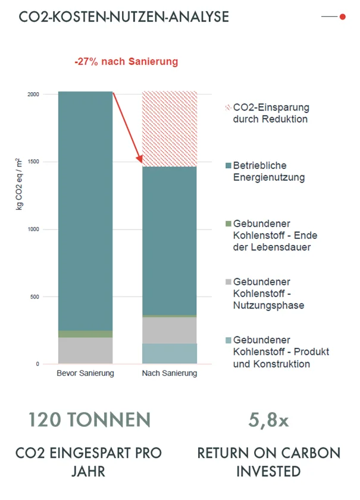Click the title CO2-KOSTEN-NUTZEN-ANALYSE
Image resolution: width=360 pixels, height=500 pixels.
pos(124,17)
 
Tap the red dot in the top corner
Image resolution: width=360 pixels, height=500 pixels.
pos(343,17)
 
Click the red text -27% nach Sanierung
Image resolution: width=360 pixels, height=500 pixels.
pos(126,61)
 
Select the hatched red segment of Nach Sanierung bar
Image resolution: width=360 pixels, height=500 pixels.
pos(169,129)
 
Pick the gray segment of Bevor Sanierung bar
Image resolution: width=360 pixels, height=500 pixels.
pos(85,350)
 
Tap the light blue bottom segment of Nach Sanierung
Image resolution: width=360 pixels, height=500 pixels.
pos(169,353)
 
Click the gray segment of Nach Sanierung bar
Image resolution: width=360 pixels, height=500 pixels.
pos(169,330)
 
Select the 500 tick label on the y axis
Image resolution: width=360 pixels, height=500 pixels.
pos(35,297)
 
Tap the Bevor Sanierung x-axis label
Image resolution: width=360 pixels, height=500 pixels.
pos(85,374)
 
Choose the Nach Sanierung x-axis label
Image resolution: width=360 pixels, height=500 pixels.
pos(169,374)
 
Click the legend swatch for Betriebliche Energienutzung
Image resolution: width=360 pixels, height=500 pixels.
pos(226,165)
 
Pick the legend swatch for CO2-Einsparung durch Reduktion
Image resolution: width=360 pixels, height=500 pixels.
pos(226,108)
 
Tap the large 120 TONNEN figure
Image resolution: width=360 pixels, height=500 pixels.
pos(89,420)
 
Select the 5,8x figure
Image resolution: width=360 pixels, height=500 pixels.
pos(268,420)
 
